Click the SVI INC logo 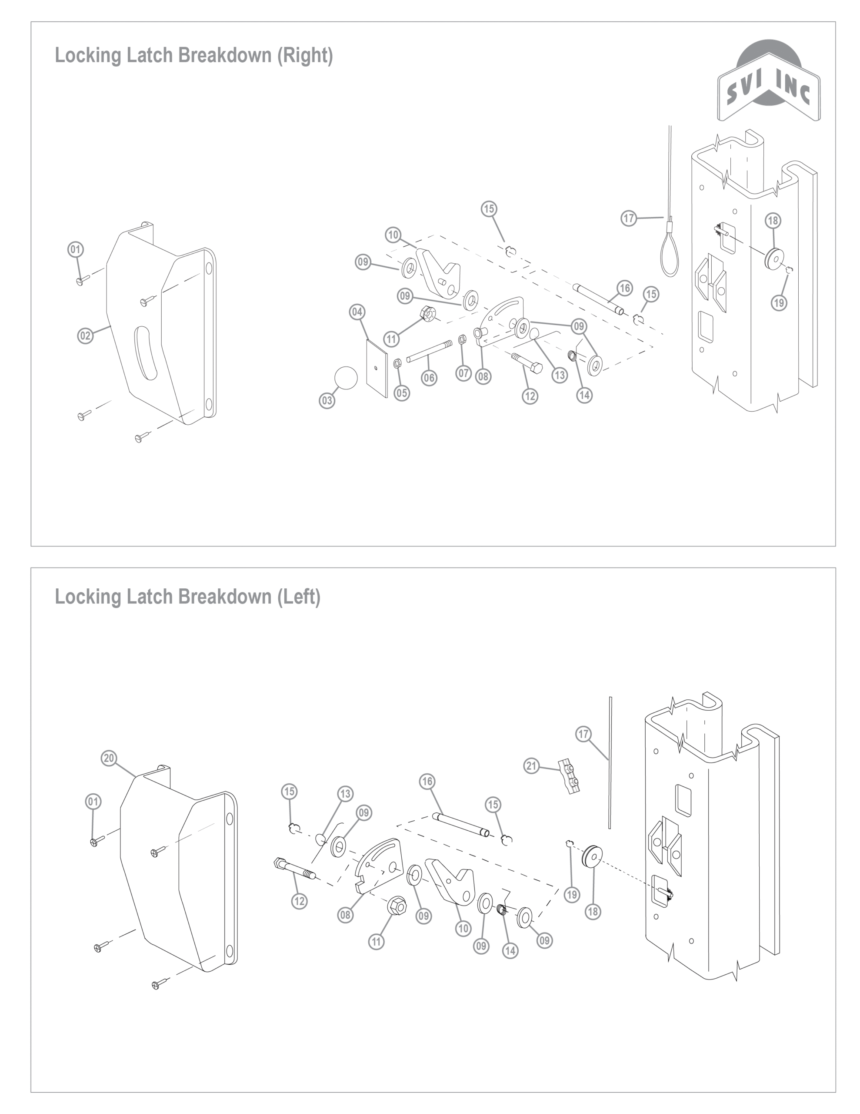[768, 82]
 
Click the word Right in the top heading [305, 55]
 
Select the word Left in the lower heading [298, 596]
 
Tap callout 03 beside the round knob [327, 400]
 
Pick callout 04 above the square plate [357, 312]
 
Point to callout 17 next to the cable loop [629, 218]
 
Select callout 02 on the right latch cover [85, 336]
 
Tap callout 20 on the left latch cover [109, 758]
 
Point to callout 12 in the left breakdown [299, 901]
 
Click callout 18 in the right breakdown [773, 220]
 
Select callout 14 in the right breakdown [584, 395]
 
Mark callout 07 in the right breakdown [463, 373]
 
